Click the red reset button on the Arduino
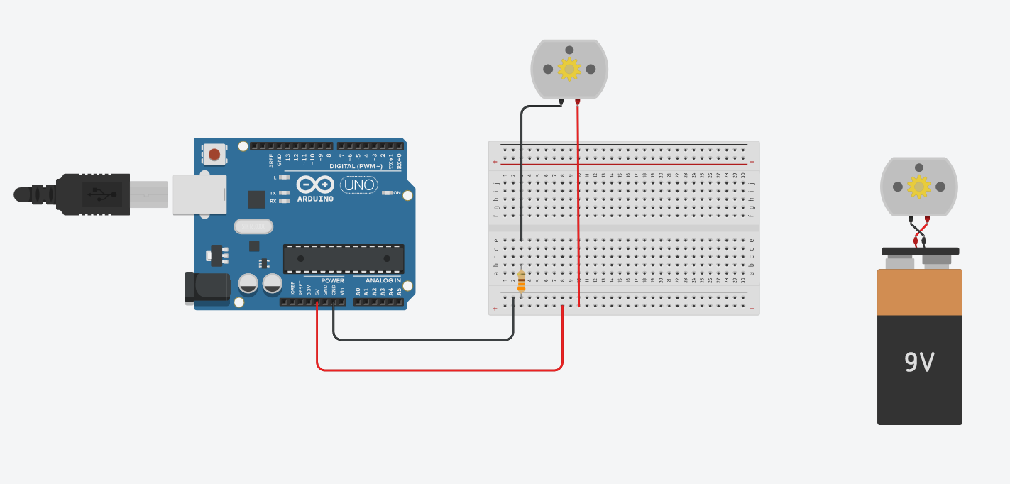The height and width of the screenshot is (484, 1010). [214, 154]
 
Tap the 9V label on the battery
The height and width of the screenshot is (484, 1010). [919, 363]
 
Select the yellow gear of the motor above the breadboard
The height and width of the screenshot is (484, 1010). [569, 69]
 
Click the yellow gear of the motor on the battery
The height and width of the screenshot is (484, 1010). [919, 187]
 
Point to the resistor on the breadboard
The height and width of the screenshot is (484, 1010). [522, 280]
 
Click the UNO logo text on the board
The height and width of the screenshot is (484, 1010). [359, 185]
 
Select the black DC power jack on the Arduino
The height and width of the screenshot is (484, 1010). [207, 287]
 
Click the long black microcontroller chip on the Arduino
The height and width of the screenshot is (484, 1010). [344, 259]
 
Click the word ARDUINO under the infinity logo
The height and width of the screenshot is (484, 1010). [315, 199]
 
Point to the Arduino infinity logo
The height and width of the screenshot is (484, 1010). [315, 185]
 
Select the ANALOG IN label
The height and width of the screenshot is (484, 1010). [383, 280]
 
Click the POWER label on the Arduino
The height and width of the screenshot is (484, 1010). [332, 280]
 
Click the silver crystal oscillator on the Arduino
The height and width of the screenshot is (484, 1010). [253, 226]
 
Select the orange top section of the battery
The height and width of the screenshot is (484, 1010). [919, 292]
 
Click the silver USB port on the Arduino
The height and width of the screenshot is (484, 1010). [199, 194]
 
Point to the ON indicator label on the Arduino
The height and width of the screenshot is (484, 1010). [397, 193]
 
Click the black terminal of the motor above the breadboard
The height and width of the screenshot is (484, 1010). [561, 101]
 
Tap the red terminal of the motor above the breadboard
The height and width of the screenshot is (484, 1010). [577, 101]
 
